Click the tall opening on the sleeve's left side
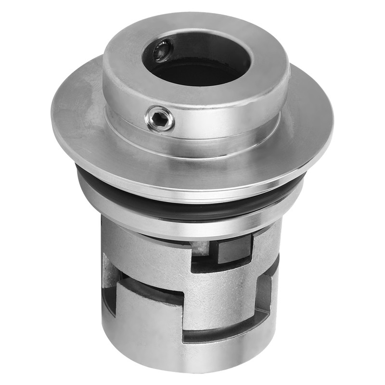tap(109, 269)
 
